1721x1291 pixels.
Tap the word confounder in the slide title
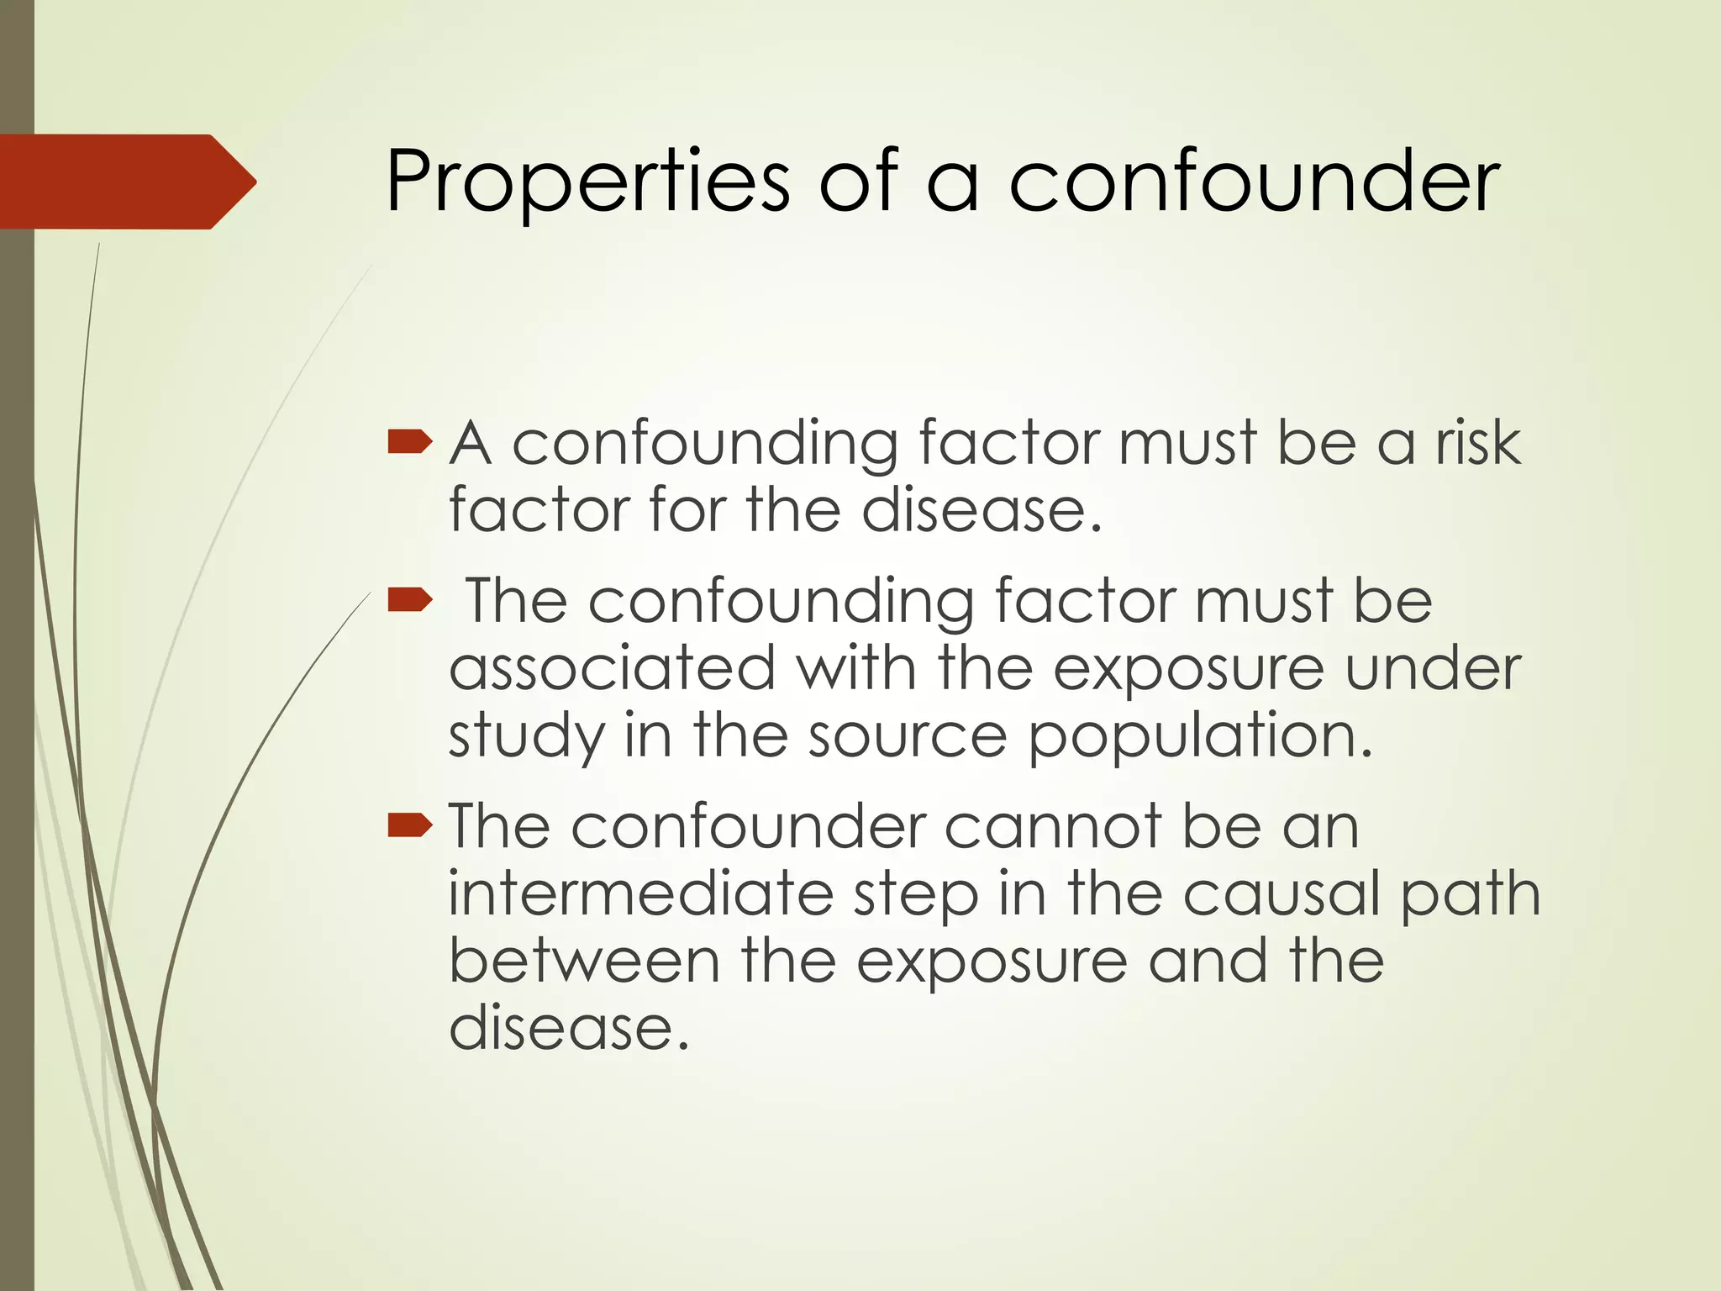click(x=1253, y=181)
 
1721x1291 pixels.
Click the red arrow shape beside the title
click(x=126, y=182)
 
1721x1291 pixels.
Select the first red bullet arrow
click(x=410, y=442)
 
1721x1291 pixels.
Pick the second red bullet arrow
click(x=410, y=600)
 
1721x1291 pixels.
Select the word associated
click(x=612, y=668)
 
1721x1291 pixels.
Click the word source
click(x=908, y=735)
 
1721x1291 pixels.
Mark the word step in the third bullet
click(x=916, y=896)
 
